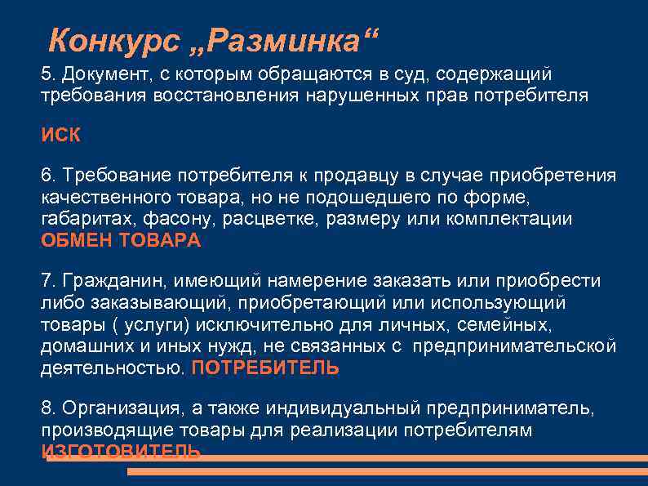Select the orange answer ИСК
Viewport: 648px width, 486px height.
(x=61, y=136)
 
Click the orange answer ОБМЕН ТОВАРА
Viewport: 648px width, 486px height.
(x=121, y=241)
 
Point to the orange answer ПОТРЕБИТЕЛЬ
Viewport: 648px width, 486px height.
(x=265, y=368)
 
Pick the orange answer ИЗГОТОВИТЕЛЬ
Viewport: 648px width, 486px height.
(x=121, y=452)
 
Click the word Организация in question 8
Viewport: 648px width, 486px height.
(x=117, y=408)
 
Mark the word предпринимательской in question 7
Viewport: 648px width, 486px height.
(x=513, y=346)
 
